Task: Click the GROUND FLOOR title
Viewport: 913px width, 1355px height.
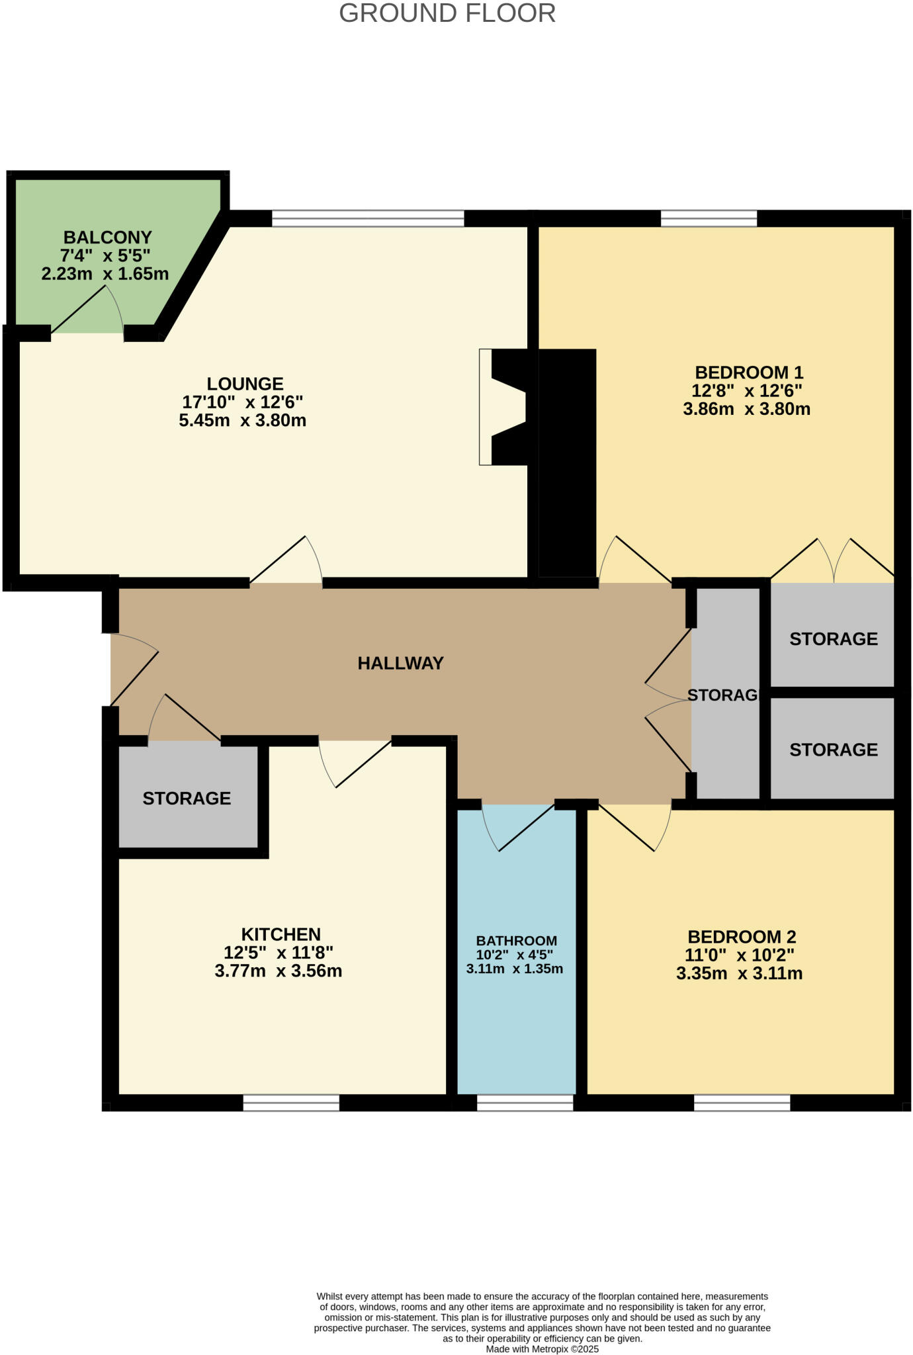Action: (447, 14)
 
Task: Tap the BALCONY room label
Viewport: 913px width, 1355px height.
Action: (107, 237)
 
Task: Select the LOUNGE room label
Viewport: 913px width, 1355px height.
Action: (245, 384)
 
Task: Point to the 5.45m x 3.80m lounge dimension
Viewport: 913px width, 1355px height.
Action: (242, 421)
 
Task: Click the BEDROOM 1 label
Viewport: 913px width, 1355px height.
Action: (748, 372)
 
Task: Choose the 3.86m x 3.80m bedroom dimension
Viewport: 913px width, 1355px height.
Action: (746, 409)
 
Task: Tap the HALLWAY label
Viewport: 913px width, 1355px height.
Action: (400, 663)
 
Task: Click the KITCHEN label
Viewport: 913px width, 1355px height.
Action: (281, 934)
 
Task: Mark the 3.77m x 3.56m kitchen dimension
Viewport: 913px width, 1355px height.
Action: (278, 971)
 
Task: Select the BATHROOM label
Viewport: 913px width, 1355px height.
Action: (516, 941)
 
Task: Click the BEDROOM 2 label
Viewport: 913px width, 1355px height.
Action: (742, 937)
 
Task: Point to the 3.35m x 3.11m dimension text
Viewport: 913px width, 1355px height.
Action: (739, 974)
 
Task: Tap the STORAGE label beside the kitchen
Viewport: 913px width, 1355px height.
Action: (187, 799)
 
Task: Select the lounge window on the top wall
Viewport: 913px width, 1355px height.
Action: (368, 218)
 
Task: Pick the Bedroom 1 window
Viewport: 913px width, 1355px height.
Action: (709, 218)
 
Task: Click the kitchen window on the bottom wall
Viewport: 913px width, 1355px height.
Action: (291, 1103)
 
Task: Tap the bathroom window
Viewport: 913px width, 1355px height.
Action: (525, 1103)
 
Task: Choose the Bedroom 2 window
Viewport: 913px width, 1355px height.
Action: (742, 1103)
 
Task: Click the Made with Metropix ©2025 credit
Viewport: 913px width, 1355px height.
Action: (542, 1349)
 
